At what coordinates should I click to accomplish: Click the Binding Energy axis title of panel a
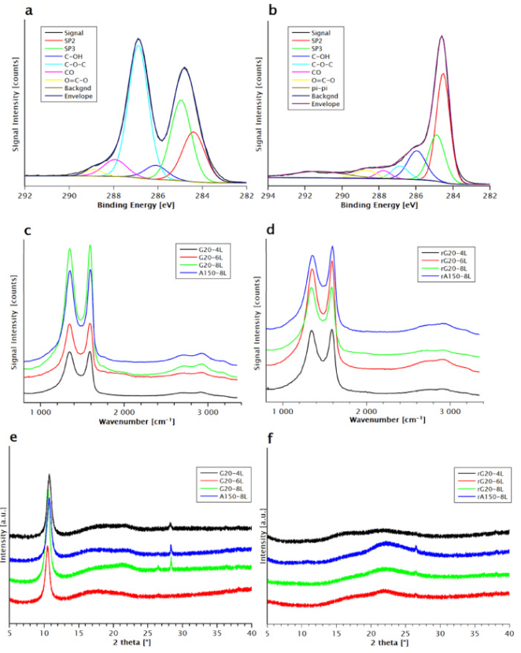pos(135,205)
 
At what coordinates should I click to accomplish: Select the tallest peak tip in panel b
pos(442,36)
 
